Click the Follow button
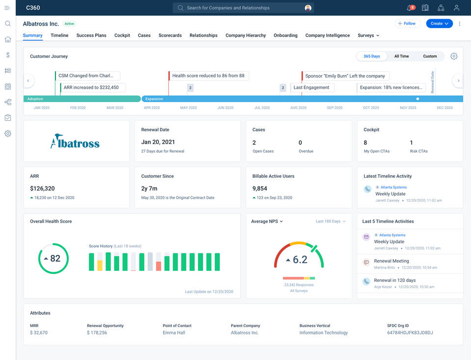point(407,24)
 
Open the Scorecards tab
point(170,35)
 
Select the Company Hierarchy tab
point(245,35)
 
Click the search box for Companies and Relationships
point(243,8)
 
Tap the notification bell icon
point(410,8)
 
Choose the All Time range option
point(401,56)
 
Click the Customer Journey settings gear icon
point(454,56)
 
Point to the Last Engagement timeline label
point(311,87)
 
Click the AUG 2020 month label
point(298,108)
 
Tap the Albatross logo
point(75,141)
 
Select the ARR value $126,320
point(42,188)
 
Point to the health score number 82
point(55,258)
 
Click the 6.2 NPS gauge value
point(300,260)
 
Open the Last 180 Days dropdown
point(330,222)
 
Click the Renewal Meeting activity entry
point(391,261)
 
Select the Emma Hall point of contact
point(174,332)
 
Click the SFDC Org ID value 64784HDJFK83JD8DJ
point(410,332)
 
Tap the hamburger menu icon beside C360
point(7,8)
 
